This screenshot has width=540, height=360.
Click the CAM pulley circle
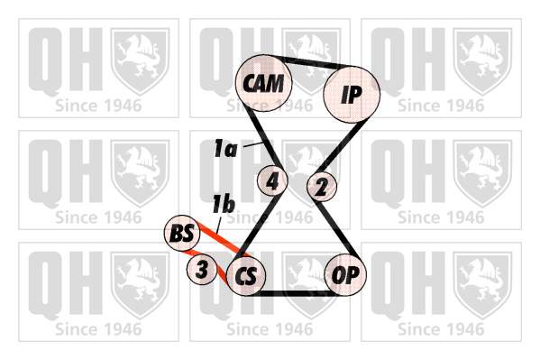pyautogui.click(x=264, y=83)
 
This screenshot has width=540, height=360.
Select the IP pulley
pyautogui.click(x=352, y=94)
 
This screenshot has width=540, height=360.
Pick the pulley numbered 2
pyautogui.click(x=322, y=187)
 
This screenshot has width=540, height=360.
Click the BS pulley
pyautogui.click(x=182, y=233)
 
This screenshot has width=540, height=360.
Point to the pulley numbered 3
pyautogui.click(x=202, y=269)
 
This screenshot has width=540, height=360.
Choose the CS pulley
pyautogui.click(x=247, y=276)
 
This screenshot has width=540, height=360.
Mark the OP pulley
pyautogui.click(x=345, y=275)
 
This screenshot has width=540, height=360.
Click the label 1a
pyautogui.click(x=225, y=149)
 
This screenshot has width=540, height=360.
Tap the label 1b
pyautogui.click(x=224, y=204)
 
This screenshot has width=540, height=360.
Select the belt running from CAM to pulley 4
pyautogui.click(x=266, y=141)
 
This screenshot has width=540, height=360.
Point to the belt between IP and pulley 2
pyautogui.click(x=339, y=146)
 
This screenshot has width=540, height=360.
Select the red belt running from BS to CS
pyautogui.click(x=220, y=239)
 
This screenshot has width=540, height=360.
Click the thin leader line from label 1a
pyautogui.click(x=253, y=144)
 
